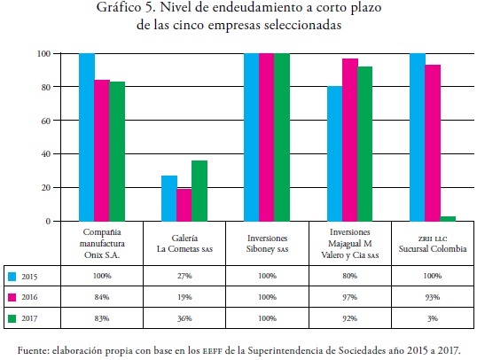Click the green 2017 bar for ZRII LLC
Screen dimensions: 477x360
tap(448, 218)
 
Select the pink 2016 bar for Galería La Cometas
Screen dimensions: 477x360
tap(184, 205)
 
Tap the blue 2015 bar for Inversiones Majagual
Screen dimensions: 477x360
tap(334, 153)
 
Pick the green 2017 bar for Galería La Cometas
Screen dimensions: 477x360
tap(199, 191)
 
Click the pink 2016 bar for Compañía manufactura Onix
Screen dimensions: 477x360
tap(102, 151)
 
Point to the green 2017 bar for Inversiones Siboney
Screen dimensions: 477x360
tap(282, 137)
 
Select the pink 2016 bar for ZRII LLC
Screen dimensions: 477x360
tap(433, 143)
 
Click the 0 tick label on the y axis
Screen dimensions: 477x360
tap(48, 222)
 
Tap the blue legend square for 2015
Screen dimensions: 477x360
tap(12, 277)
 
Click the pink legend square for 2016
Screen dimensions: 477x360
tap(12, 297)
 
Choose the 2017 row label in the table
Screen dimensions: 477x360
tap(29, 318)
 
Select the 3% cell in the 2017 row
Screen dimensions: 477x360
tap(433, 318)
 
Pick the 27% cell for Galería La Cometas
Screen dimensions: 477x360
tap(184, 276)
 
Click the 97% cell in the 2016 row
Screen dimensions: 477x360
tap(350, 297)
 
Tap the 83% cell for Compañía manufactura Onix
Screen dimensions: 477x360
tap(102, 318)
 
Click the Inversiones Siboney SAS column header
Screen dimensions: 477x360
tap(267, 244)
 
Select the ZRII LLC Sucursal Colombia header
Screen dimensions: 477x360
tap(433, 244)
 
